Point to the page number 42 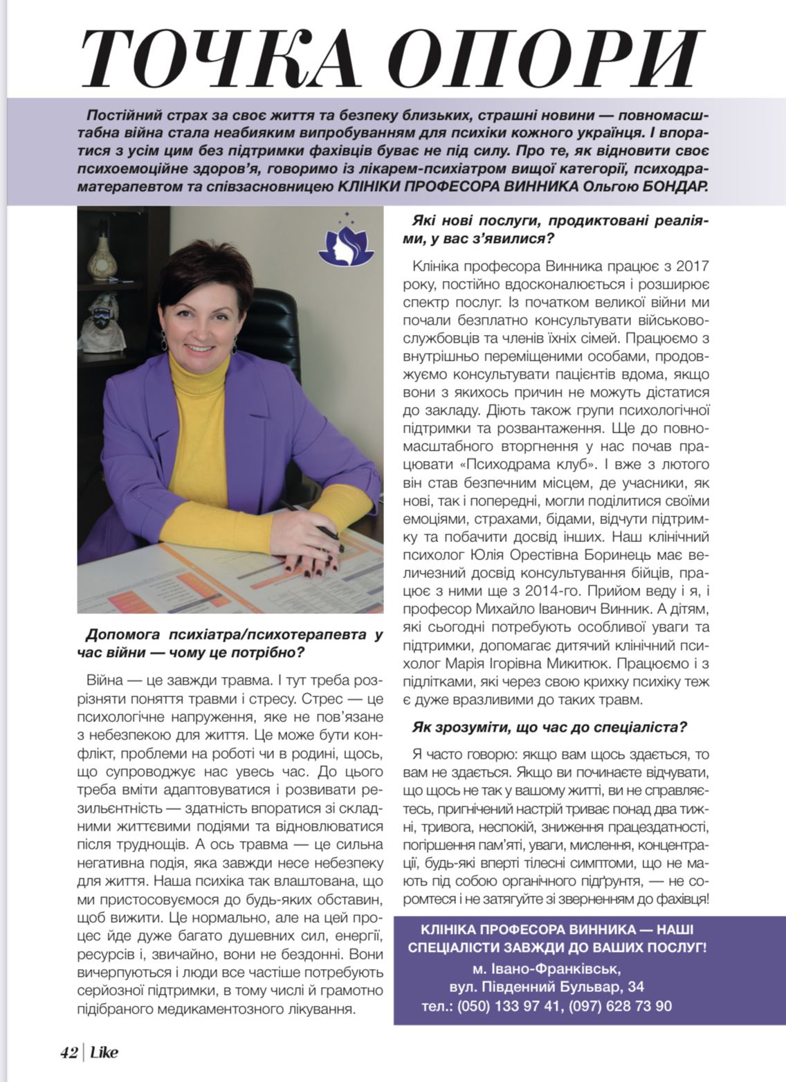[68, 1052]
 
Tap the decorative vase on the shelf [105, 257]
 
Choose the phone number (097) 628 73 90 [620, 1006]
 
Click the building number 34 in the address [636, 986]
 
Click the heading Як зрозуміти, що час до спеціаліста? [549, 727]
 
